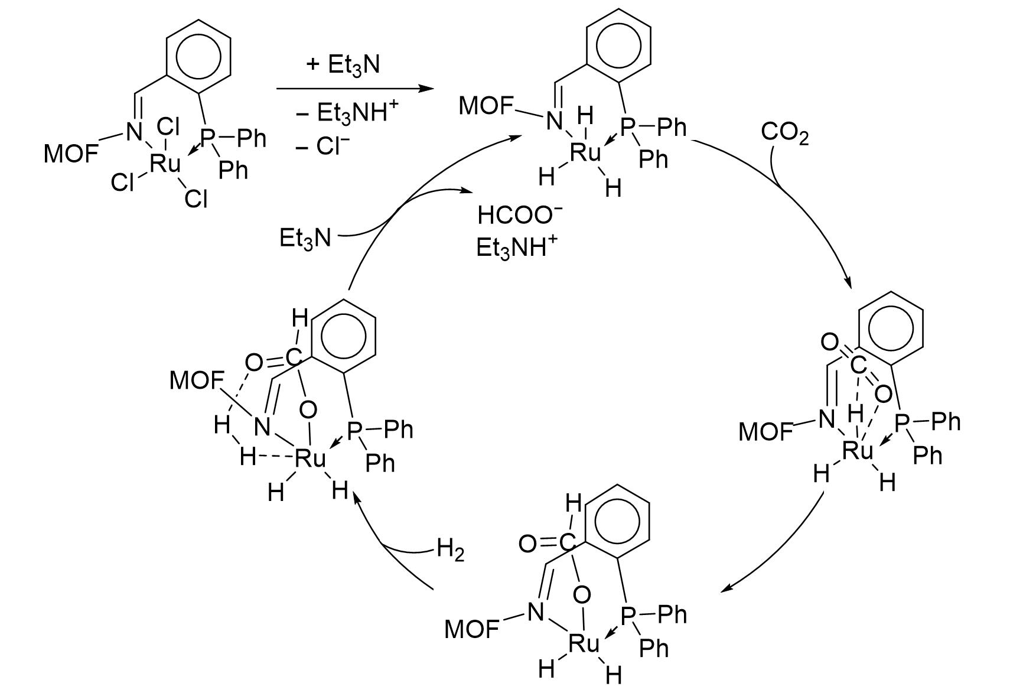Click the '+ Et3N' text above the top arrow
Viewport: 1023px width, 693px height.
click(x=343, y=64)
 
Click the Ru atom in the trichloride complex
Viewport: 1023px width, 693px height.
click(x=165, y=163)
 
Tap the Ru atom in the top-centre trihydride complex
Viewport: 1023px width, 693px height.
click(x=585, y=152)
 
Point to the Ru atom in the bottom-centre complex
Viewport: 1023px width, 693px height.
click(x=584, y=644)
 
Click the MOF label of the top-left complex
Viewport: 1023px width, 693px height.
click(x=71, y=154)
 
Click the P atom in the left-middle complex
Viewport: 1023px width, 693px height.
click(x=355, y=430)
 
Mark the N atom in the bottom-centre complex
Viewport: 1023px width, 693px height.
click(x=535, y=612)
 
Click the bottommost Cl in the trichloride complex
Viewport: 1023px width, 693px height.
click(x=196, y=199)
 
